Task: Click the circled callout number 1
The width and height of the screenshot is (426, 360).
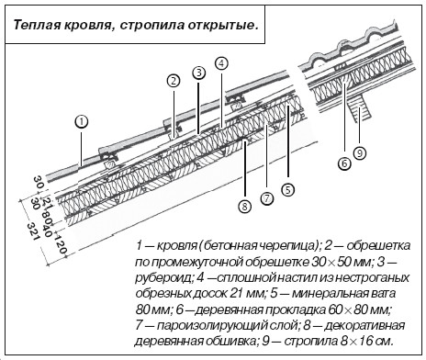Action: pos(82,122)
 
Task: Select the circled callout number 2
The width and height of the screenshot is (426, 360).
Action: pos(174,81)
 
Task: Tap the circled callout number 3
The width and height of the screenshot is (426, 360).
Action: pos(199,73)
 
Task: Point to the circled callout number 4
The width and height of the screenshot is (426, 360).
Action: pos(222,63)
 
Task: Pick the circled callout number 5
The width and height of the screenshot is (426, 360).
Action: pos(288,190)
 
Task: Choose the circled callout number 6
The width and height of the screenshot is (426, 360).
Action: pos(344,163)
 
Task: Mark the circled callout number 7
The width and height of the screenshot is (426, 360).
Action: pos(267,199)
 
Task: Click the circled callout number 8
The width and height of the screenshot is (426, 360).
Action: pos(244,208)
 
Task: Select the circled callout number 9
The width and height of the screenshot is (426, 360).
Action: pos(360,152)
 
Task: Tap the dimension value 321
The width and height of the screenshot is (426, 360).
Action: pos(32,231)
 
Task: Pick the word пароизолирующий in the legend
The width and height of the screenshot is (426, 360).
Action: pos(226,325)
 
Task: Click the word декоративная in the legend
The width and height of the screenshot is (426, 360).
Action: pos(364,326)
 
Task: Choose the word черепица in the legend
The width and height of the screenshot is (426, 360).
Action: pos(286,246)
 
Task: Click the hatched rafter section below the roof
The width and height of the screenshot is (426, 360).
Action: pos(360,108)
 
